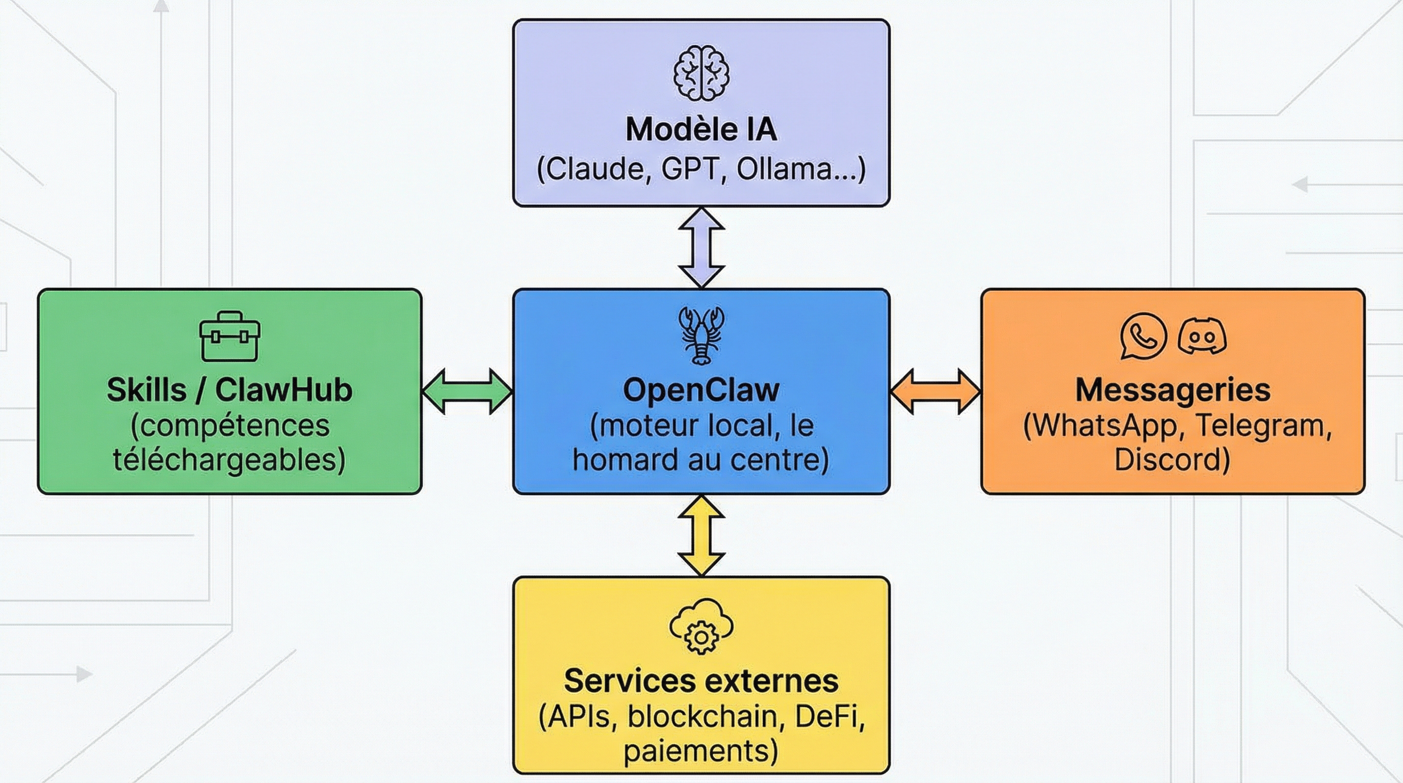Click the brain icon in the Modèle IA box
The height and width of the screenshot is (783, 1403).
[701, 73]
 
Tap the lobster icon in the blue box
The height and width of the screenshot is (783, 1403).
[701, 335]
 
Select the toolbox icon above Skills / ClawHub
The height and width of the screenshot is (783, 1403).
[229, 336]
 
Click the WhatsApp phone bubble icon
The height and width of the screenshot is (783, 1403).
[1143, 336]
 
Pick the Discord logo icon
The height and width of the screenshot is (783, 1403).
[1202, 336]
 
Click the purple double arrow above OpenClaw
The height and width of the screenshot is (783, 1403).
[701, 247]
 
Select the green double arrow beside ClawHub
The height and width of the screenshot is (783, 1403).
[467, 391]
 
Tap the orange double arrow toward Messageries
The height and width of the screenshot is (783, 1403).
[935, 391]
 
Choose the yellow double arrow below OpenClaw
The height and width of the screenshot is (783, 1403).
[701, 536]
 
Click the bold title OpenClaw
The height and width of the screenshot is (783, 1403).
[701, 390]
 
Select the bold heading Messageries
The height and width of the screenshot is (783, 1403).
[1173, 390]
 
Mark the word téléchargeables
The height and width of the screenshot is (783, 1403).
[229, 460]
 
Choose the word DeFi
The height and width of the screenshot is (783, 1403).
[827, 716]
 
